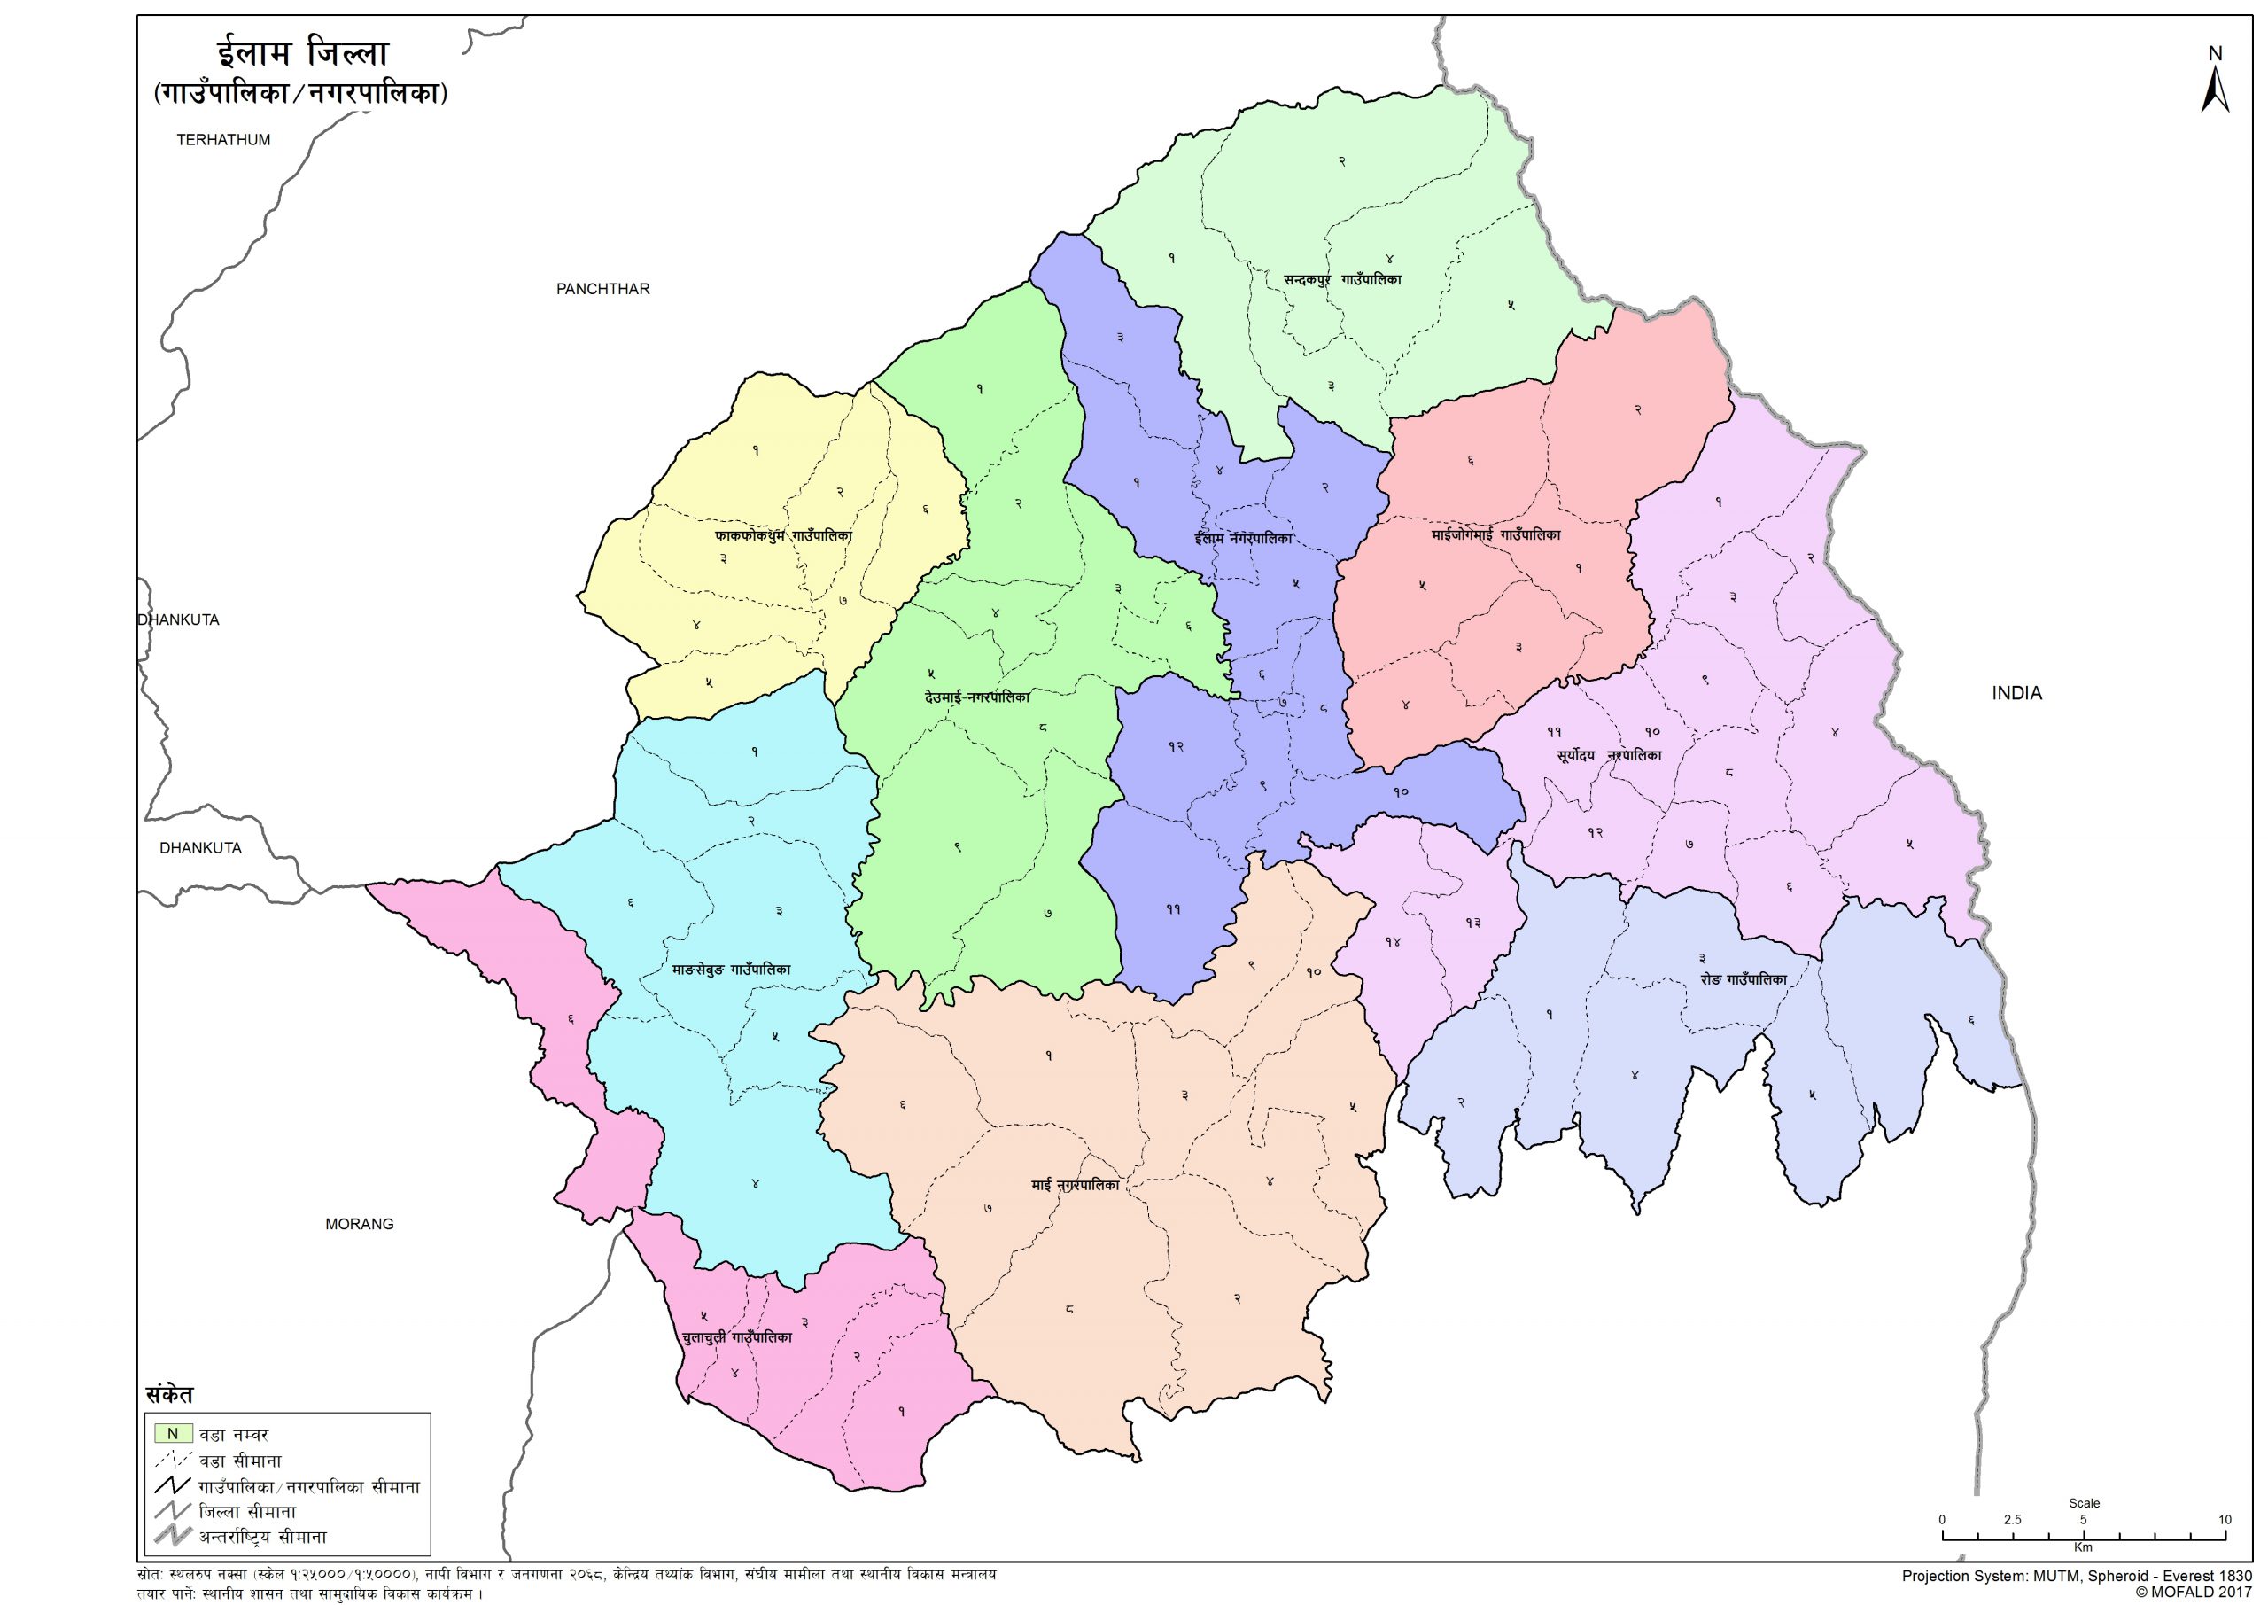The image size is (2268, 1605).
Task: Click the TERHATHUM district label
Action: tap(223, 139)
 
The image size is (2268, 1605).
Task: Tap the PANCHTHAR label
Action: tap(602, 289)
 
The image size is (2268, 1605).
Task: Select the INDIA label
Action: tap(2016, 693)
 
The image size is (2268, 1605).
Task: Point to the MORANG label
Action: tap(360, 1224)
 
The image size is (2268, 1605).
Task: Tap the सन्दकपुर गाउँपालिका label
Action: tap(1342, 280)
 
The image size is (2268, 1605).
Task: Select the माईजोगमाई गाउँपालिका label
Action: tap(1495, 534)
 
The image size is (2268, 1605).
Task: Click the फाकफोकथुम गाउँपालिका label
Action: tap(783, 534)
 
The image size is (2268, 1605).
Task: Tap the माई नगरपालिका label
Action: tap(1074, 1185)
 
